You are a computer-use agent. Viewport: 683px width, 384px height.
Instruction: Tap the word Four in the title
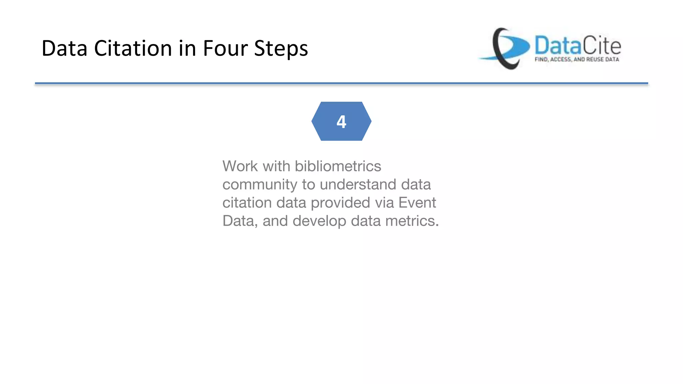coord(225,48)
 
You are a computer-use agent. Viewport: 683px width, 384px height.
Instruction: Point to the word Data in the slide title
coord(64,48)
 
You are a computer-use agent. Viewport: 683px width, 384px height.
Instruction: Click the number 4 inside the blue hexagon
coord(341,122)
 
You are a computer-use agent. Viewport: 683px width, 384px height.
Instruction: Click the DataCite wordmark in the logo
coord(578,46)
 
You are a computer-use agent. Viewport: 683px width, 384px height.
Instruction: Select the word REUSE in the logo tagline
coord(595,59)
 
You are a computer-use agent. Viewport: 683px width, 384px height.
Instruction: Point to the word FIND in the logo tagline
coord(541,59)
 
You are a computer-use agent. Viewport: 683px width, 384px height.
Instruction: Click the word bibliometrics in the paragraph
coord(338,166)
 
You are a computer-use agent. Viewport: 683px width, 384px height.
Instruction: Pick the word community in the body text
coord(260,185)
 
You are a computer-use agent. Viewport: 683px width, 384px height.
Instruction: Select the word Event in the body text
coord(417,203)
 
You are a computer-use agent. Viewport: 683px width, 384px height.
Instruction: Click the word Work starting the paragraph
coord(240,166)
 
